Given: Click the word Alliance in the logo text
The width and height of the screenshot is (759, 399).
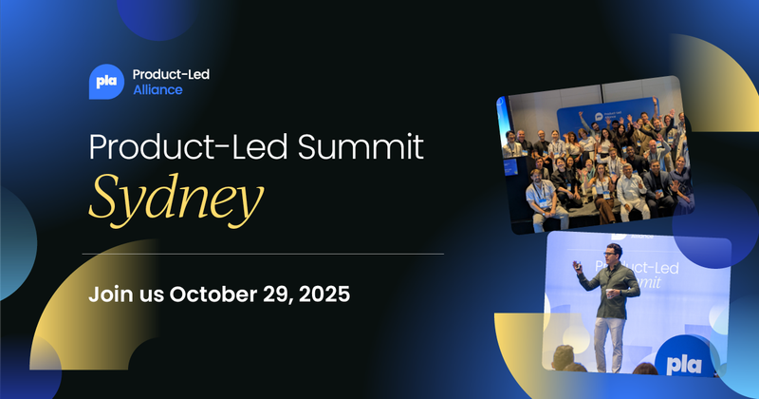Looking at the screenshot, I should tap(157, 90).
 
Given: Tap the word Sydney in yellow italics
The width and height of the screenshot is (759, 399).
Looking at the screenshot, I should tap(175, 198).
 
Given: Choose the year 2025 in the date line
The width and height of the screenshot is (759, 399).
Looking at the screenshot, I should tap(324, 294).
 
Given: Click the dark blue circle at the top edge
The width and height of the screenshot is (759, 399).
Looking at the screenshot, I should tap(157, 14).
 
